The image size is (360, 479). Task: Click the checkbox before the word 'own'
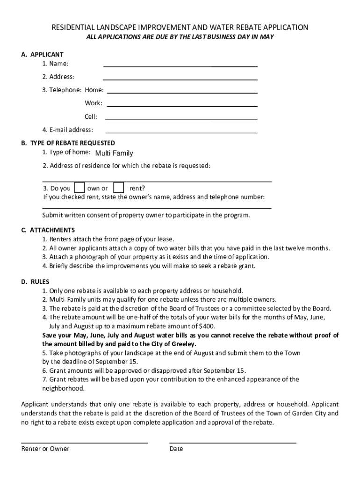[x=80, y=188]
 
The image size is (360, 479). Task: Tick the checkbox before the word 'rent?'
[x=119, y=188]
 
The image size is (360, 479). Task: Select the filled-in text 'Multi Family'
[x=114, y=153]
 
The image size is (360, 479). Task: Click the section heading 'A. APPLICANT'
[x=42, y=54]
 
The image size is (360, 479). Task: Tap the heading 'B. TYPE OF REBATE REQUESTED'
[x=68, y=143]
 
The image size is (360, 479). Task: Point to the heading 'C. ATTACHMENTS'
[x=48, y=230]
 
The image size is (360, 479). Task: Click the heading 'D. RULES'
[x=35, y=282]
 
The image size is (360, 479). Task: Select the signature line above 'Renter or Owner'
[x=85, y=442]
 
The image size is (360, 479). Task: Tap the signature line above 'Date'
[x=233, y=442]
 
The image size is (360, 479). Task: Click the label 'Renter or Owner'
[x=45, y=449]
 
